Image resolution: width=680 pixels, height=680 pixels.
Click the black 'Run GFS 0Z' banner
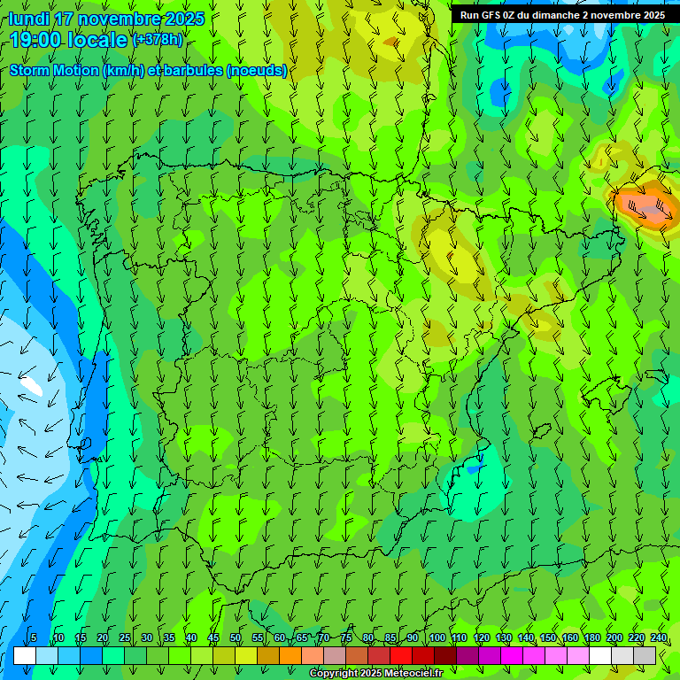coord(562,15)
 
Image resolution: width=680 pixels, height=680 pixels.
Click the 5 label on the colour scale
coord(34,638)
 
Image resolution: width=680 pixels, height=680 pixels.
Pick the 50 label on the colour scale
coord(235,638)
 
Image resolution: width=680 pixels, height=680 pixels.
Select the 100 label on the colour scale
coord(437,638)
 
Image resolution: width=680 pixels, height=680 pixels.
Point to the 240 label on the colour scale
coord(659,638)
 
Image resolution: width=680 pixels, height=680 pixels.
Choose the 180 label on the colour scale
coord(592,638)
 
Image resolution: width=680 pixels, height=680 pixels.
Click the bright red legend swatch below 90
coord(401,655)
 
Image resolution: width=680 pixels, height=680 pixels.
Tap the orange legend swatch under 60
coord(290,655)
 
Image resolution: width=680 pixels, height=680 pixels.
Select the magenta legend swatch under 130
coord(512,655)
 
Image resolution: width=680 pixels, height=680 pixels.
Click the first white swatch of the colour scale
coord(25,655)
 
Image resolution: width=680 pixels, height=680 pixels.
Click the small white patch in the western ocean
coord(32,385)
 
